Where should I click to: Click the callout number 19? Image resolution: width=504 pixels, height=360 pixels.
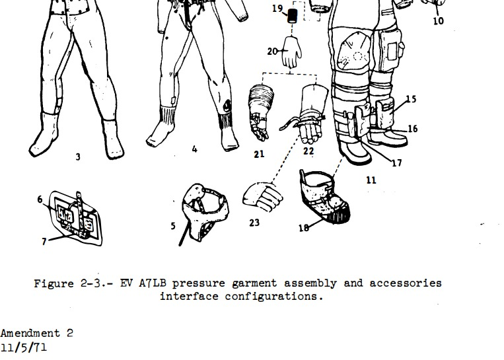click(277, 9)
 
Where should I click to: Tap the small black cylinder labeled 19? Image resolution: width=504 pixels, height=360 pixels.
click(292, 16)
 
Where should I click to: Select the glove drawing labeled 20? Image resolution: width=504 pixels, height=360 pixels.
click(291, 52)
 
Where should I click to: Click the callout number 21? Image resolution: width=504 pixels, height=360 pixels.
click(259, 155)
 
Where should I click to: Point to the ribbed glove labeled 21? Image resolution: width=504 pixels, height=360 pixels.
click(261, 112)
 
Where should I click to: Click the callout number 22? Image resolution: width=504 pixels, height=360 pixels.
click(308, 151)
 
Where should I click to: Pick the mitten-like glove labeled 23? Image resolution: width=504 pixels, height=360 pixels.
click(263, 197)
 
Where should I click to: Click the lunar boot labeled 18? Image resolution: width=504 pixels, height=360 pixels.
click(324, 197)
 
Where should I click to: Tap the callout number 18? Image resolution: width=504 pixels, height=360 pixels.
click(304, 228)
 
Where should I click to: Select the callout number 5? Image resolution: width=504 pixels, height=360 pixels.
click(173, 226)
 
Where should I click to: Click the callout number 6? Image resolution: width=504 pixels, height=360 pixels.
click(40, 199)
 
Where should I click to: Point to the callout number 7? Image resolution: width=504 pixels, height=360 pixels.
click(44, 241)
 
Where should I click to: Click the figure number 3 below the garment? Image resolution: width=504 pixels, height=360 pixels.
click(78, 157)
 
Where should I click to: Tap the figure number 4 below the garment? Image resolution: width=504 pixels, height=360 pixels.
click(194, 149)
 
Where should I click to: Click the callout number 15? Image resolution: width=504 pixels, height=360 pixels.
click(411, 98)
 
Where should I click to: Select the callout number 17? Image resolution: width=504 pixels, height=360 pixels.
click(396, 163)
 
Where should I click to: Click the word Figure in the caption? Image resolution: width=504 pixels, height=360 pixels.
click(54, 283)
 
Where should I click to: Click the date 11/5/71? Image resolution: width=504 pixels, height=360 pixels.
click(24, 347)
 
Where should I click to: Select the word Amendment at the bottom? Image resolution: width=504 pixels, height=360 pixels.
click(30, 333)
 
